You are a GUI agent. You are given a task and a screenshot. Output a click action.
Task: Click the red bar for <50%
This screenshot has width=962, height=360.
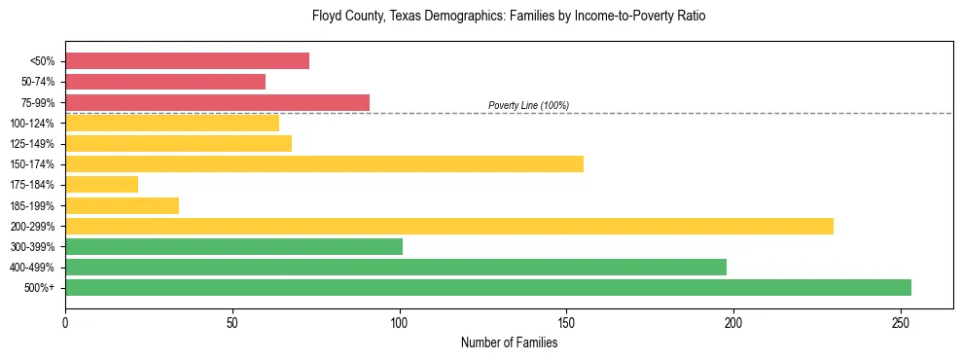[187, 61]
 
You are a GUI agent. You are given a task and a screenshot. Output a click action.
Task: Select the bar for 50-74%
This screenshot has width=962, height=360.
[165, 82]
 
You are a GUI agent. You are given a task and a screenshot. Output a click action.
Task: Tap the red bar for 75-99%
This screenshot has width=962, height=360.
[217, 102]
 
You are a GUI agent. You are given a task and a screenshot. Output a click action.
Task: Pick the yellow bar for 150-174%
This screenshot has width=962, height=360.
[324, 163]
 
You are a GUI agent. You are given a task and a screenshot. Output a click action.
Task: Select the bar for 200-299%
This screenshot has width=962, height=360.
[449, 226]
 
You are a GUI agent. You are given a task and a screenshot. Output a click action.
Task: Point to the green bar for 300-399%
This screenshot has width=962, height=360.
[233, 246]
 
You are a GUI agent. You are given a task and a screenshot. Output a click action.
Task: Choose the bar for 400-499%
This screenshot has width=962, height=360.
[396, 267]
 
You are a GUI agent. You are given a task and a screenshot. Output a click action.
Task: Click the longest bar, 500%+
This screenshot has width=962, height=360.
[488, 287]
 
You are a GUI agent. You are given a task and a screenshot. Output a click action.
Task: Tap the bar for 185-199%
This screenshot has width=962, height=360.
[122, 205]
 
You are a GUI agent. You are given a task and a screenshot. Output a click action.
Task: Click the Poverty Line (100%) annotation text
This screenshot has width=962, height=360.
[528, 105]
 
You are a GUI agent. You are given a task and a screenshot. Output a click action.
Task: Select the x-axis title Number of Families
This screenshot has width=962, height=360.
[509, 342]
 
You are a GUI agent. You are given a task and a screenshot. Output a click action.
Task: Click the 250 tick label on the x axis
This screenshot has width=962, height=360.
[901, 322]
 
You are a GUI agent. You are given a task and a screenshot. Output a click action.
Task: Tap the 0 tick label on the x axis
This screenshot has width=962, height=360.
[65, 322]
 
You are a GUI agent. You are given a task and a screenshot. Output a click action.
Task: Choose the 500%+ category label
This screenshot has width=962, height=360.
[40, 288]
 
